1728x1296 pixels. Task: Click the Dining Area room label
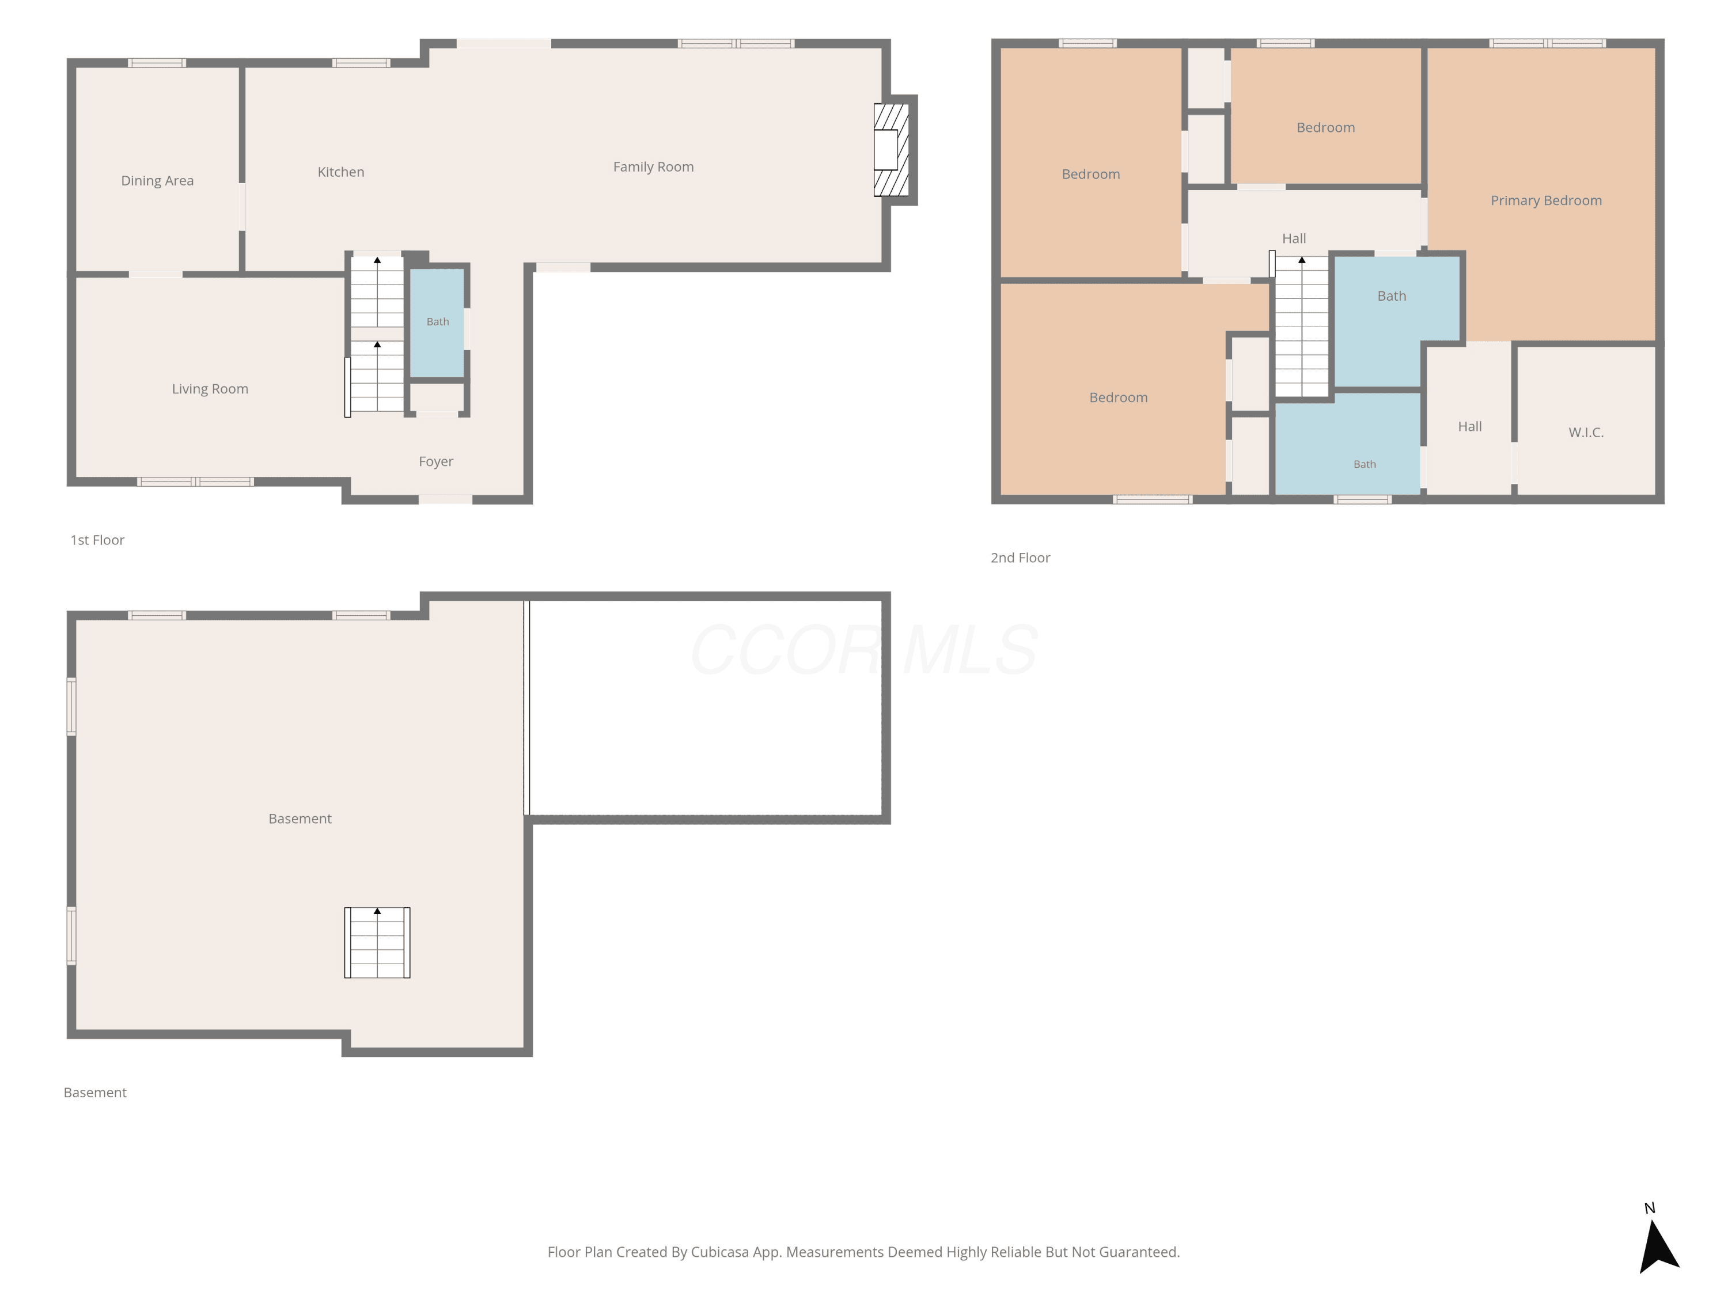pos(157,180)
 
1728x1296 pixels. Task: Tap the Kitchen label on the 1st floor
pos(340,172)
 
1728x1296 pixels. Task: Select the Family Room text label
pos(653,166)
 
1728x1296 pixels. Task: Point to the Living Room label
pos(210,389)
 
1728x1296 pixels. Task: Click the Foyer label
pos(436,462)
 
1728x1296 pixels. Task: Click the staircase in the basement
pos(377,942)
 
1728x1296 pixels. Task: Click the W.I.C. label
pos(1586,432)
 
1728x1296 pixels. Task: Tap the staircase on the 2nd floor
pos(1301,327)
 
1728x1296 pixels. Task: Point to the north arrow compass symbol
pos(1657,1242)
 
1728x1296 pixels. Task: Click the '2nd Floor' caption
pos(1020,558)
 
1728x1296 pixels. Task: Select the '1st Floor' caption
pos(98,540)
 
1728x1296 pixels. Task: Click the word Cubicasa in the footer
pos(719,1252)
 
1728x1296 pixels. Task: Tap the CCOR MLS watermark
pos(864,649)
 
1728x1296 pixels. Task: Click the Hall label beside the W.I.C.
pos(1469,427)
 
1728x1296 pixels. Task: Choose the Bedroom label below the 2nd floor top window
pos(1326,127)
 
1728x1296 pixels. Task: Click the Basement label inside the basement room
pos(300,818)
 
